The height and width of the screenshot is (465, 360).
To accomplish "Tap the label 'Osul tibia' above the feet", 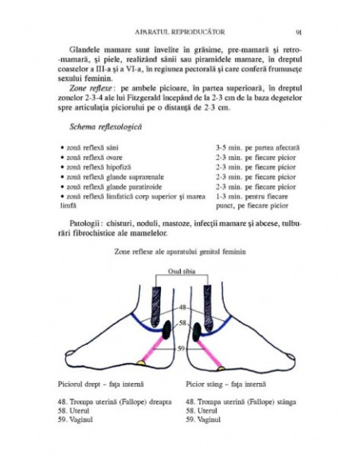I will pyautogui.click(x=179, y=271).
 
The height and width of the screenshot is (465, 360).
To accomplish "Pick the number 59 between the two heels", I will pyautogui.click(x=181, y=347).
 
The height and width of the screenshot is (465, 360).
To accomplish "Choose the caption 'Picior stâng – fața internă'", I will pyautogui.click(x=225, y=383).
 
